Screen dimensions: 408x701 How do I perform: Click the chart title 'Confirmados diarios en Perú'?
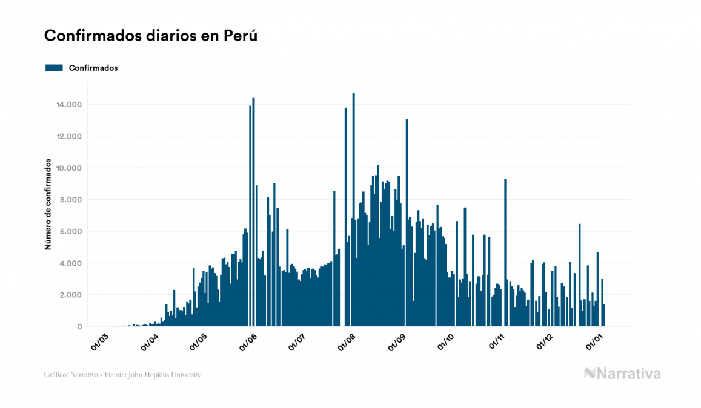tap(151, 36)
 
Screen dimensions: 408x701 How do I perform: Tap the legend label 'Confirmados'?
tap(93, 68)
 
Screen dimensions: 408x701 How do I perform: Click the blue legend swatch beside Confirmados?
tap(54, 68)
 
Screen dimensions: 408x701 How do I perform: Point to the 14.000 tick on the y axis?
tap(69, 105)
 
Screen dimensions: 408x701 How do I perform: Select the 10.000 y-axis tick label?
tap(69, 168)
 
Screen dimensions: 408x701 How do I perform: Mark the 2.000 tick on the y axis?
tap(71, 295)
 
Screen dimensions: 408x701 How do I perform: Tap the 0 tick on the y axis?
tap(79, 327)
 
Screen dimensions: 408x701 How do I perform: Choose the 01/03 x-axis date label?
tap(99, 341)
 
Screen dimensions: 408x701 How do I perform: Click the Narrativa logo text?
tap(628, 373)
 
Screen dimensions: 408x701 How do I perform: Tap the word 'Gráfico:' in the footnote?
tap(56, 375)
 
